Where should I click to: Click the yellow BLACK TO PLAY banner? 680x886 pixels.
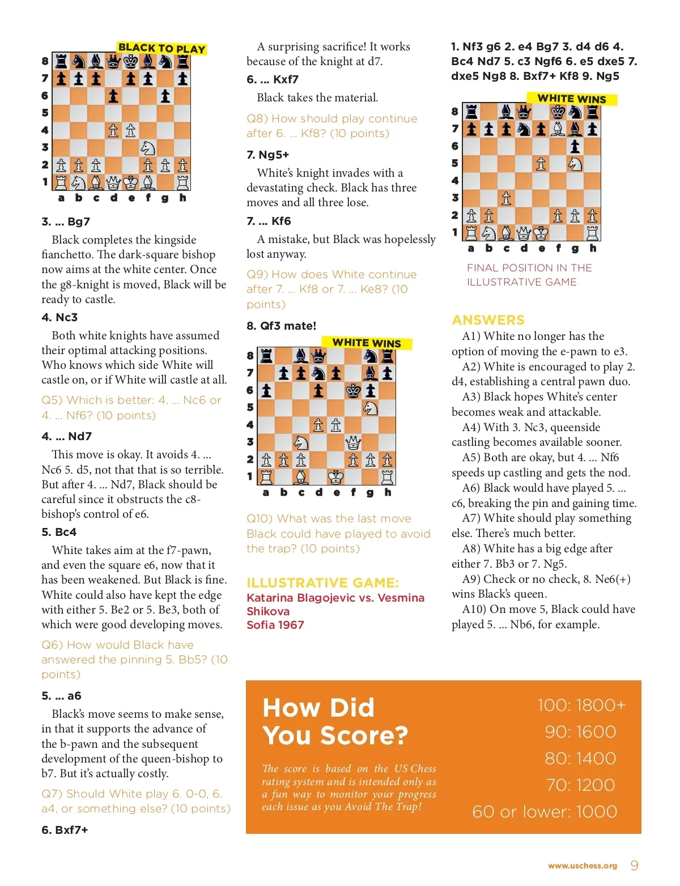point(161,49)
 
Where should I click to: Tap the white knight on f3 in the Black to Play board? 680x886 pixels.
point(148,148)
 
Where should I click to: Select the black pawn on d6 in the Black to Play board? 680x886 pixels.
point(113,96)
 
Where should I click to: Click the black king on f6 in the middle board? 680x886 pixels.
point(353,390)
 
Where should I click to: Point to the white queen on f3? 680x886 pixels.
point(353,442)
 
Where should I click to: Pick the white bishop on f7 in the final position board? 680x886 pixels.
point(558,129)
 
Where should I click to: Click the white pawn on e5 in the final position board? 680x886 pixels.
point(541,164)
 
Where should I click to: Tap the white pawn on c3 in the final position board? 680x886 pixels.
point(506,198)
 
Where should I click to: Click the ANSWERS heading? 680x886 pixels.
point(488,320)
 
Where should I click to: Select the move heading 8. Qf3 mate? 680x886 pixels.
point(281,326)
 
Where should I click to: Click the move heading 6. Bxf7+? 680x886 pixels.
point(65,830)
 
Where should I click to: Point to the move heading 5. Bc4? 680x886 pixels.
point(59,532)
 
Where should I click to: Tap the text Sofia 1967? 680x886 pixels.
point(275,625)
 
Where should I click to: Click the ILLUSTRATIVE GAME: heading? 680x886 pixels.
point(322,583)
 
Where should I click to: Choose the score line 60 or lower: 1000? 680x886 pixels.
point(545,812)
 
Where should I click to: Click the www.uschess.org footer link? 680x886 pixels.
point(582,866)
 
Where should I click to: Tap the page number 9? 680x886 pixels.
point(634,865)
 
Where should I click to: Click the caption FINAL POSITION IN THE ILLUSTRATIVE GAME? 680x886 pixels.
point(529,275)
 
